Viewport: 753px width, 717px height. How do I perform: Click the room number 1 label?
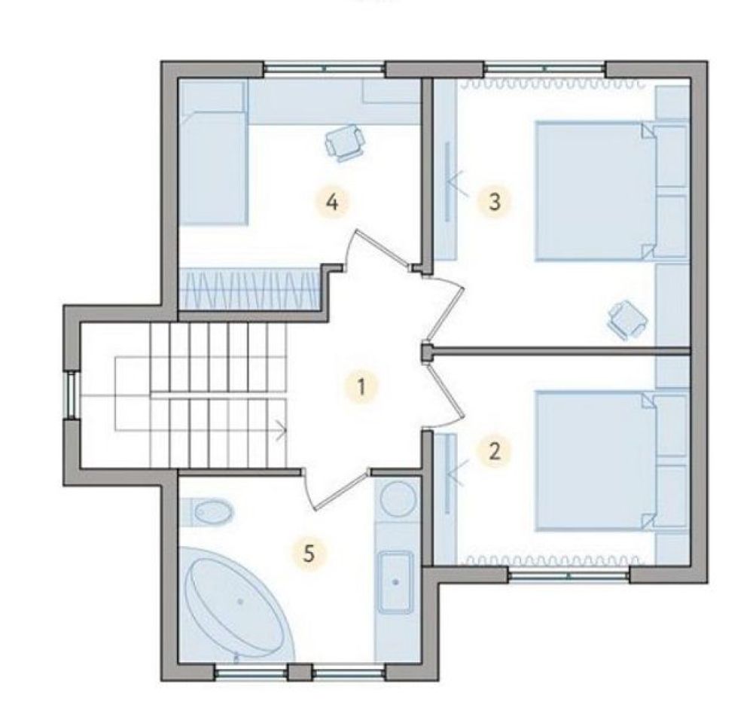[x=361, y=386]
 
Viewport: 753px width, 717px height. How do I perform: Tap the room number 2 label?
[x=494, y=451]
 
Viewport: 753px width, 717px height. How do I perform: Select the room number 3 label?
[x=494, y=201]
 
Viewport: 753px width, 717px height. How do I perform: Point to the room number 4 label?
[x=332, y=202]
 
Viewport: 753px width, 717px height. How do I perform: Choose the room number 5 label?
[x=309, y=554]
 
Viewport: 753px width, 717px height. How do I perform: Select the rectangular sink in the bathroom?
[x=396, y=582]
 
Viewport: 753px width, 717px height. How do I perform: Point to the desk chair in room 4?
[x=344, y=142]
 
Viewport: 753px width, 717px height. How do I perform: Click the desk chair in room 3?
[x=628, y=319]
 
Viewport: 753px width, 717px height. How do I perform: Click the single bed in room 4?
[x=213, y=152]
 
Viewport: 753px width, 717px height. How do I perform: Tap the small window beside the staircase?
[x=72, y=395]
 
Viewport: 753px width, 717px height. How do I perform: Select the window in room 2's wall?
[x=569, y=575]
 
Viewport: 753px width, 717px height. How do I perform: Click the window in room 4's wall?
[x=325, y=69]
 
